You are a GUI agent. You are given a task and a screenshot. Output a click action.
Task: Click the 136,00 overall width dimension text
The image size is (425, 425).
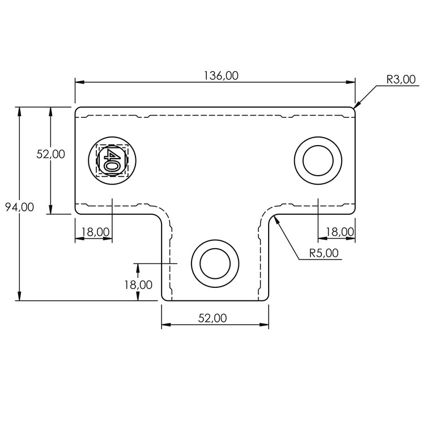point(220,75)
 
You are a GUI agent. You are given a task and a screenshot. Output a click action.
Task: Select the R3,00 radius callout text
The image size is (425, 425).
point(401,79)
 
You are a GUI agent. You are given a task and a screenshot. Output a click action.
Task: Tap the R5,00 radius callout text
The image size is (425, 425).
point(324,253)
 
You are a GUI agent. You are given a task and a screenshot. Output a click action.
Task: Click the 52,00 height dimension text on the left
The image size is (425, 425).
point(51,154)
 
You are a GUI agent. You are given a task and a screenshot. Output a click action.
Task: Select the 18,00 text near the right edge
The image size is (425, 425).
point(340,231)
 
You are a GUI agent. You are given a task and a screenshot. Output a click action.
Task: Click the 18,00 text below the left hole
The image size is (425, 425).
point(95,231)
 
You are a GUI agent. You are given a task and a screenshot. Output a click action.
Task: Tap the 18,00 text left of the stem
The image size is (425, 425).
point(138,285)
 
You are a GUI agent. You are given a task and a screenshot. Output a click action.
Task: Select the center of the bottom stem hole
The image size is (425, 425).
point(215,263)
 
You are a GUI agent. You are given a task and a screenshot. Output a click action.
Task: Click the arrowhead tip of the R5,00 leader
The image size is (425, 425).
point(273,215)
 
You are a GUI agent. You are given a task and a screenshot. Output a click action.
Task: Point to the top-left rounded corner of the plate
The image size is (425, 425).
point(77,108)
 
